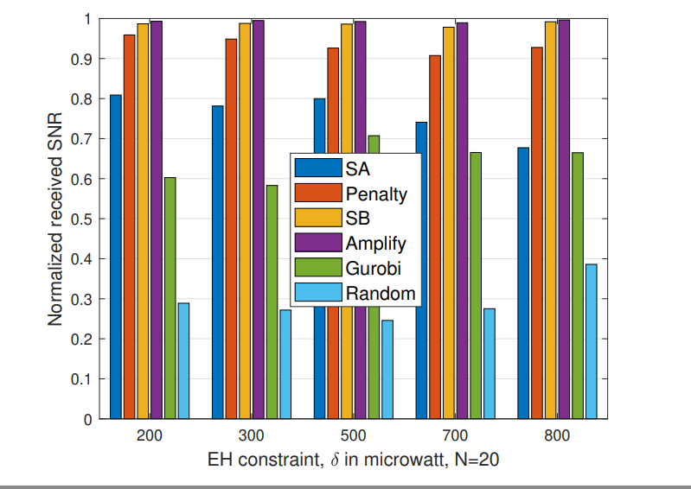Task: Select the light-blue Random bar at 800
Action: [591, 341]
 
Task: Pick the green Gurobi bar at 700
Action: [476, 285]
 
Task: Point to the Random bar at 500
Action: [387, 370]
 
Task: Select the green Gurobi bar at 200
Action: [170, 298]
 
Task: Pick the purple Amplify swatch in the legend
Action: [318, 243]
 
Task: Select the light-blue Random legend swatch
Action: [318, 293]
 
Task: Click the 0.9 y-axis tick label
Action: [83, 60]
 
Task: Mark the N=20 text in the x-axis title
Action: [476, 461]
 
